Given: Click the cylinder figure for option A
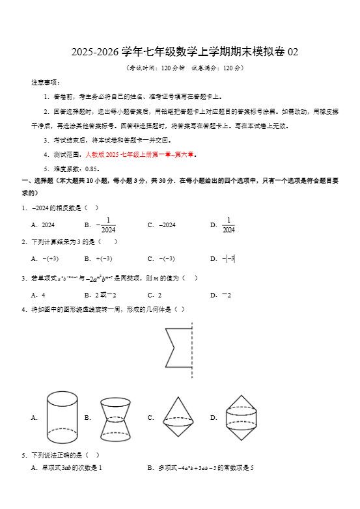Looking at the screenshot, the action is tap(62, 417).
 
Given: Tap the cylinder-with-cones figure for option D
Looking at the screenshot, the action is tap(242, 417).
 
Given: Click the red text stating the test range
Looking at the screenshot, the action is tap(141, 155).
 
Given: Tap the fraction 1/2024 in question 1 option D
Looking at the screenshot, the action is tap(228, 225).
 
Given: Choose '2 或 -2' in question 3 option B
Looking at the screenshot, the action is tap(105, 295).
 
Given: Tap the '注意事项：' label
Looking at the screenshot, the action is tap(45, 83).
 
